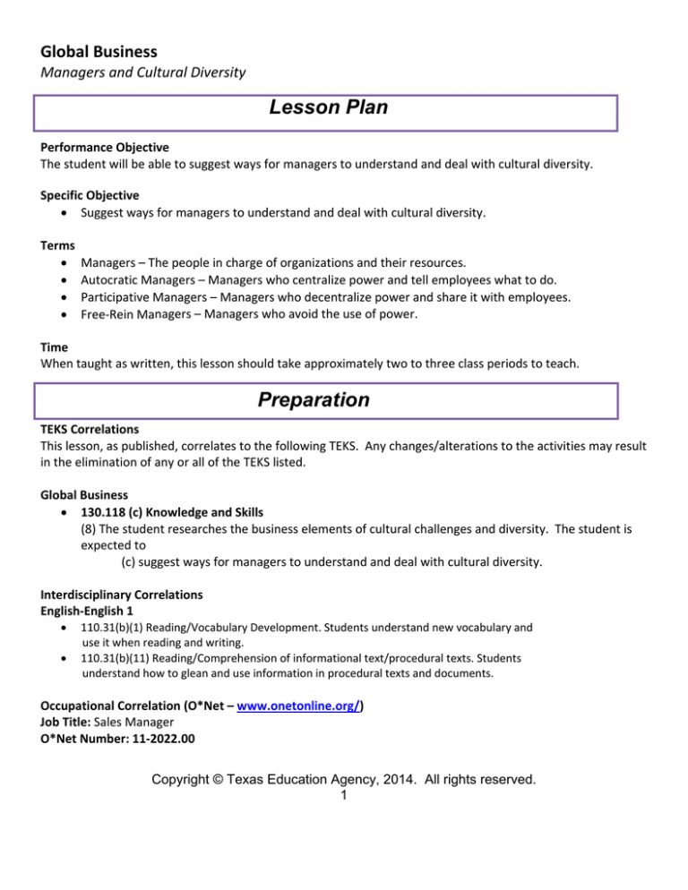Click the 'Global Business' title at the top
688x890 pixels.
(x=99, y=52)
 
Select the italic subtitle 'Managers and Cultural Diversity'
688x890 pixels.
(x=143, y=73)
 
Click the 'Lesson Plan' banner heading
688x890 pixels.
(x=328, y=108)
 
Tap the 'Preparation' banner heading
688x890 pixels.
(x=313, y=400)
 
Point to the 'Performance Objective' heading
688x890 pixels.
(x=105, y=147)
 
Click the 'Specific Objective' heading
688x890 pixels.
(x=90, y=194)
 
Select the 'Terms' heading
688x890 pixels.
(x=57, y=245)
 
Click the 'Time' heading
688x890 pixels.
(x=55, y=347)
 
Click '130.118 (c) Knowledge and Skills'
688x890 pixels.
(x=172, y=512)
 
